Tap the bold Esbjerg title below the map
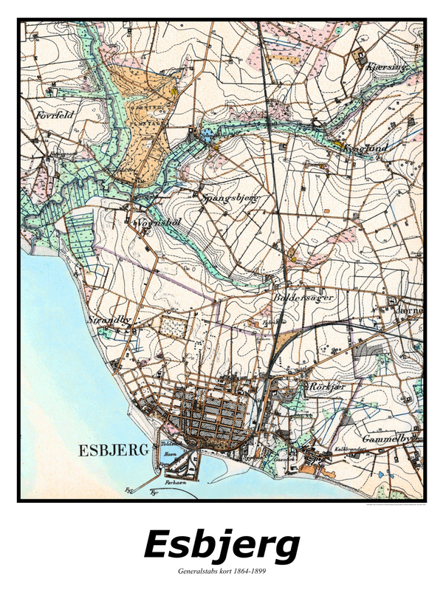point(221,546)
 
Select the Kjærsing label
point(385,66)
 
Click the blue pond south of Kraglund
point(326,167)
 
